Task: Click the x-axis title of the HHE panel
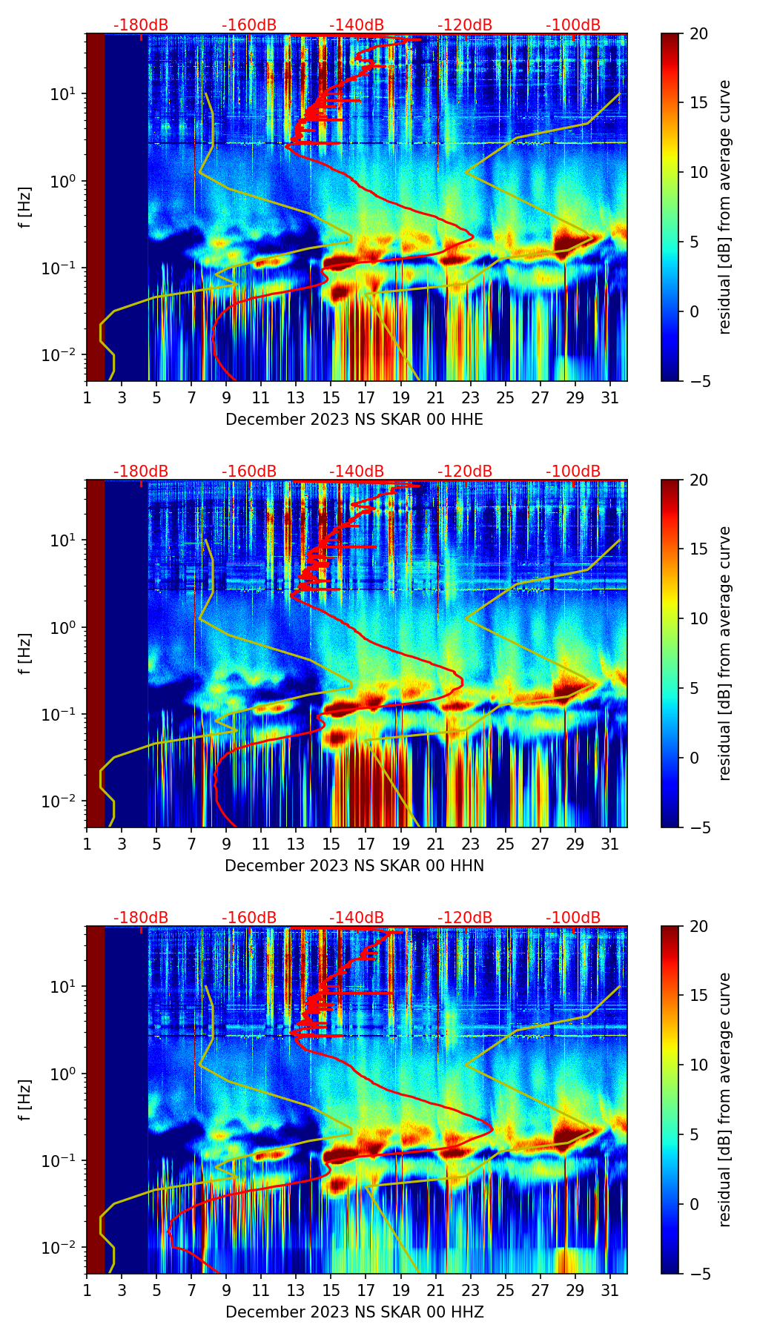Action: pyautogui.click(x=354, y=420)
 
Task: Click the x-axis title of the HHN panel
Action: pyautogui.click(x=354, y=866)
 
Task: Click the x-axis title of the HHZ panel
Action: pyautogui.click(x=354, y=1312)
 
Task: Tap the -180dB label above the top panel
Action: pyautogui.click(x=141, y=25)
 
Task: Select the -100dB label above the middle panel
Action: pyautogui.click(x=573, y=472)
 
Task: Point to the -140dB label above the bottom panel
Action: pyautogui.click(x=357, y=918)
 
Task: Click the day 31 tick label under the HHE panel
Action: pyautogui.click(x=609, y=400)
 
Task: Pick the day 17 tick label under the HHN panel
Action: pyautogui.click(x=366, y=846)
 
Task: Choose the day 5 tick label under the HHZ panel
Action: pyautogui.click(x=156, y=1292)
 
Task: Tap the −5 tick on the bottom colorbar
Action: pyautogui.click(x=698, y=1274)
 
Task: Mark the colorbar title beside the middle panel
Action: pyautogui.click(x=725, y=653)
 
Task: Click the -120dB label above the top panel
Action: pyautogui.click(x=465, y=25)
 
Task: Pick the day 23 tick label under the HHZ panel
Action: pyautogui.click(x=470, y=1292)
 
